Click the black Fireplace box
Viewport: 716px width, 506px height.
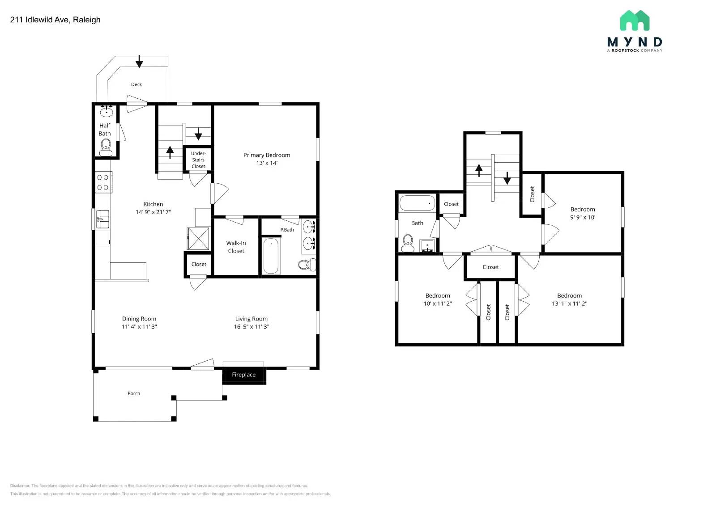pyautogui.click(x=244, y=375)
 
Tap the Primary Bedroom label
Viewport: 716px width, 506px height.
pyautogui.click(x=267, y=155)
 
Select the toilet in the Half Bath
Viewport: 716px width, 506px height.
pyautogui.click(x=106, y=147)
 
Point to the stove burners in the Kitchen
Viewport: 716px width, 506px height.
pyautogui.click(x=103, y=182)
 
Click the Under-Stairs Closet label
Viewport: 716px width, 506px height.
pyautogui.click(x=198, y=160)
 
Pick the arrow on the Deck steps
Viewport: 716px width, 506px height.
pyautogui.click(x=139, y=61)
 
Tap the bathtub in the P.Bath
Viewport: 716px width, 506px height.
pyautogui.click(x=271, y=256)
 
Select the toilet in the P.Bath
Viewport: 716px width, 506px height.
pyautogui.click(x=307, y=265)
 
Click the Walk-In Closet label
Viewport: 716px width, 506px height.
pyautogui.click(x=236, y=247)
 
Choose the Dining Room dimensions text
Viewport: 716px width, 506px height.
pyautogui.click(x=139, y=327)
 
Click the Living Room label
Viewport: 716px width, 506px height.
pyautogui.click(x=251, y=319)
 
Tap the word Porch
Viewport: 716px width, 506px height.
pyautogui.click(x=134, y=393)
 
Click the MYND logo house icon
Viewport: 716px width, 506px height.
pyautogui.click(x=635, y=21)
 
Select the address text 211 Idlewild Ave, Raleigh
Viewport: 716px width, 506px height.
pyautogui.click(x=55, y=20)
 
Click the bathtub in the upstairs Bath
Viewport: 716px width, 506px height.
pyautogui.click(x=417, y=203)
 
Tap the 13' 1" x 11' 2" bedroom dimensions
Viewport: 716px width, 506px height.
pyautogui.click(x=569, y=304)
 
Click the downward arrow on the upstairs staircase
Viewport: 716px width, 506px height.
pyautogui.click(x=507, y=178)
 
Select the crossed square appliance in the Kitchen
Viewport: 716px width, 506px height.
pyautogui.click(x=198, y=238)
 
